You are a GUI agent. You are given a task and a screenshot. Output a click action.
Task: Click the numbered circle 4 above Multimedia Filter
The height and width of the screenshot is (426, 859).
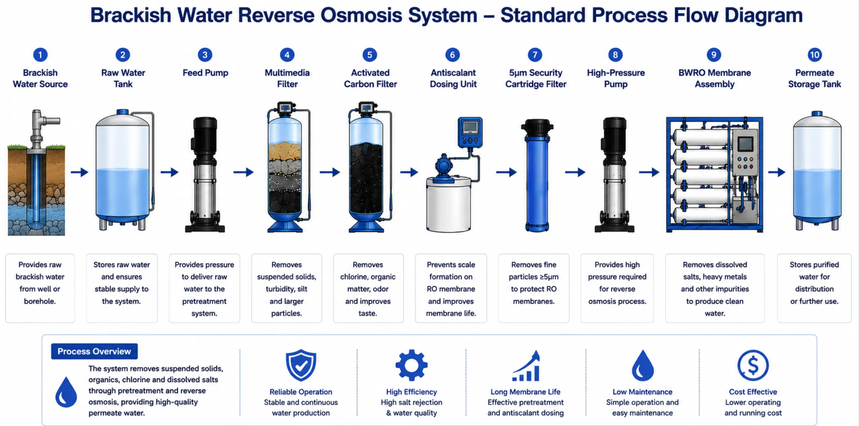tap(287, 55)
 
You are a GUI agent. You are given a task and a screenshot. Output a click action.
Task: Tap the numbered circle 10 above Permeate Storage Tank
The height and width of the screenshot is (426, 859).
tap(814, 55)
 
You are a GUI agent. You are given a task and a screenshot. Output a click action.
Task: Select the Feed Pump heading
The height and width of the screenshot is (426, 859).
tap(205, 73)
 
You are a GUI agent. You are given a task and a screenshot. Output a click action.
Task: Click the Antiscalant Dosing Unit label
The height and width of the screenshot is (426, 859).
tap(453, 78)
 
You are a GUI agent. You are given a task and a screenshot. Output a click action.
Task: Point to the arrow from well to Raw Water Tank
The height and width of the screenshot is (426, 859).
tap(79, 172)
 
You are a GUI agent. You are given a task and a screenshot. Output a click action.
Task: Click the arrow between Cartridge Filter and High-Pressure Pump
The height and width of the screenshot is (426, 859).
tap(575, 172)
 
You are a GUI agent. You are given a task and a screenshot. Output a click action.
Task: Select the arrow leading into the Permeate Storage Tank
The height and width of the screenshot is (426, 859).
tap(777, 172)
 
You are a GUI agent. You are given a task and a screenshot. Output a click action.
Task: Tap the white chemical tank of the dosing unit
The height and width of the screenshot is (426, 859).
tap(449, 204)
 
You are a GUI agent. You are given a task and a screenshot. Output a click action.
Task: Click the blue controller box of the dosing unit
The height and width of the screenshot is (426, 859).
tap(470, 132)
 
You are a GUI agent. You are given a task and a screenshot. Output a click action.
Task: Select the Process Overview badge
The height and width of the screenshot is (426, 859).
tap(94, 351)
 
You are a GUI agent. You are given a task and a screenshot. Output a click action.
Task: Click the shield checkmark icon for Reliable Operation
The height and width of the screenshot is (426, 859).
tap(301, 365)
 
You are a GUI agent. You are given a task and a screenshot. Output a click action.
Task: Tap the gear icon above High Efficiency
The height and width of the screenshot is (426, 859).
tap(412, 365)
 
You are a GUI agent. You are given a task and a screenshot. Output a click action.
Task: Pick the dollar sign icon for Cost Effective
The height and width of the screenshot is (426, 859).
tap(753, 365)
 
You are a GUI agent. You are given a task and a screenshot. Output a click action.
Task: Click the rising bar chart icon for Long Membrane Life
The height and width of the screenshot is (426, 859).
tap(526, 366)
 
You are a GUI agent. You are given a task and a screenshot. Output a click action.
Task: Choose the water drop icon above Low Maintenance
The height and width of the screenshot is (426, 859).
tap(643, 365)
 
